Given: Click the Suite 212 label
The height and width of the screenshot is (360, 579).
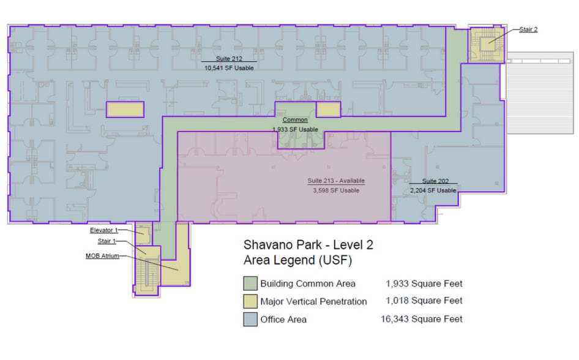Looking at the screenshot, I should pos(224,59).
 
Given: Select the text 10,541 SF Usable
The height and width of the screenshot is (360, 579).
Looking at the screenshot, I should pos(228,68).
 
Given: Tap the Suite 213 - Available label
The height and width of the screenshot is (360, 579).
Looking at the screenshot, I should pos(335,181).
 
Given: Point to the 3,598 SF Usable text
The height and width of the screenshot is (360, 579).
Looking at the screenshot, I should pos(335,190).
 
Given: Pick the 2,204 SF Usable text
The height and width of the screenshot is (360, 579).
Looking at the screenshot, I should pos(433,190).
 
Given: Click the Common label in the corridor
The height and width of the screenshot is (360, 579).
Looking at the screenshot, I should pos(295,120).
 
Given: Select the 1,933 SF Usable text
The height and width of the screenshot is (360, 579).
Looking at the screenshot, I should pos(295,129).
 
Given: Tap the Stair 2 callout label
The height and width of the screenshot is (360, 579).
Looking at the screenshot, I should pos(528,29).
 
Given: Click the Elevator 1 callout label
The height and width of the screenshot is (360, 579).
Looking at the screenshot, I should pos(102,230).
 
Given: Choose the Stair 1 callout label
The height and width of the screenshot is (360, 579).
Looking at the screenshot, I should pos(106,242).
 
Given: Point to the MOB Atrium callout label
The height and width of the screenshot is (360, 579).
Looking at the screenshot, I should pos(102,256).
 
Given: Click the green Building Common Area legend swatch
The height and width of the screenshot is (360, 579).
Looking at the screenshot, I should pos(250,283).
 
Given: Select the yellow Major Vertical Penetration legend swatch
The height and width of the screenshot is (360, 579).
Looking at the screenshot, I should pos(250,301).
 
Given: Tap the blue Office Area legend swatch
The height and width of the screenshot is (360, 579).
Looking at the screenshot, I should pos(250,319).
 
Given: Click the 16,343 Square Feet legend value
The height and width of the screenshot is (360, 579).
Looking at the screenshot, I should pos(424,319).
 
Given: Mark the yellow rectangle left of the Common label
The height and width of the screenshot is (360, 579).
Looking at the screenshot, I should pos(125,109).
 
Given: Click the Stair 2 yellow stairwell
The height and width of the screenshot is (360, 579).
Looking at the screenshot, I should pos(486,44).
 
